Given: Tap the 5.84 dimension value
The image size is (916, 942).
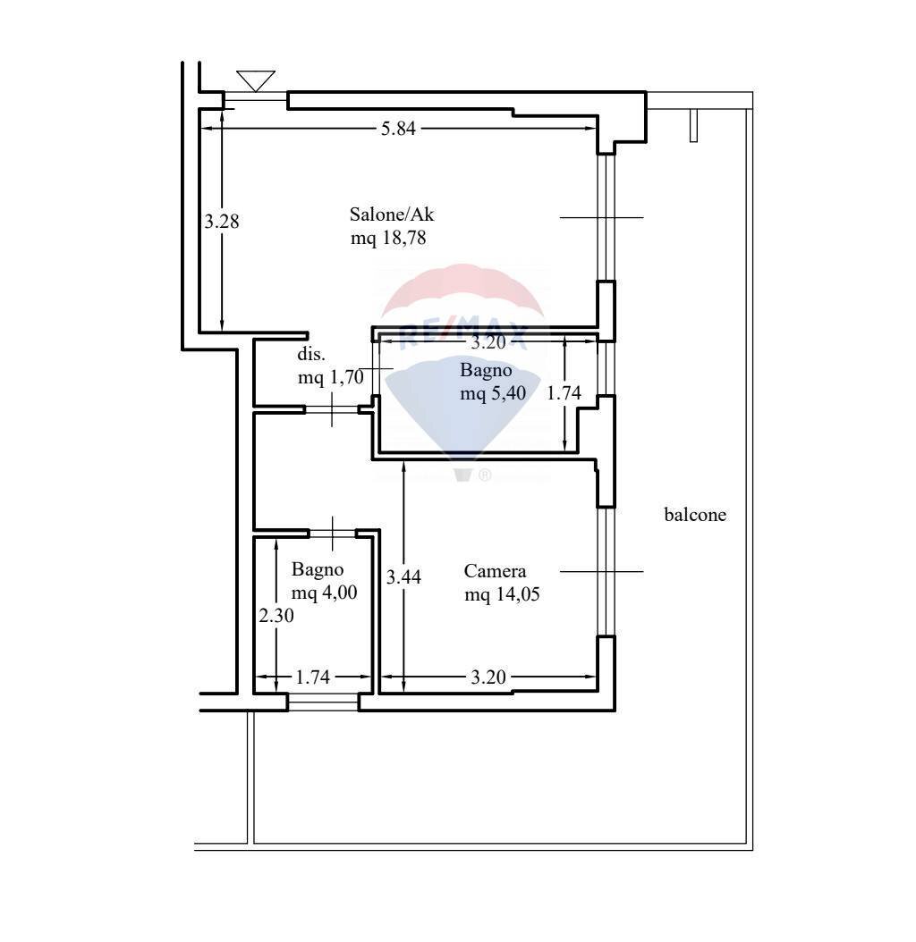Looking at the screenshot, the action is click(398, 129).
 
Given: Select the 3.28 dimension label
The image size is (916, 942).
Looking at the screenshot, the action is click(221, 222).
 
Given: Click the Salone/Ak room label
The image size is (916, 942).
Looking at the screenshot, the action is click(392, 214).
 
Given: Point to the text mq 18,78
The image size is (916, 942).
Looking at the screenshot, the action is click(388, 238).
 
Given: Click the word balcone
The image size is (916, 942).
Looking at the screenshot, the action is click(695, 514).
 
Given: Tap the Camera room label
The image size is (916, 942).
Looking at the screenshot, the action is click(495, 571).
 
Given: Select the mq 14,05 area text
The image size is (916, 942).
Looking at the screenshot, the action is click(502, 594).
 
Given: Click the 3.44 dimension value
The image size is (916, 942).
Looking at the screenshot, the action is click(403, 577).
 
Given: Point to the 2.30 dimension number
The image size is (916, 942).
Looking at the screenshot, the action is click(276, 615).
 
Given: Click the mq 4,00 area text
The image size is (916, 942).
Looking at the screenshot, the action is click(324, 593).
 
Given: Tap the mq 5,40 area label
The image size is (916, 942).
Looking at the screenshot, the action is click(493, 393).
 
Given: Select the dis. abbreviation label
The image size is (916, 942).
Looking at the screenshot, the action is click(311, 354).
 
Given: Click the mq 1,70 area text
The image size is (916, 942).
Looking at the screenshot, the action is click(331, 377).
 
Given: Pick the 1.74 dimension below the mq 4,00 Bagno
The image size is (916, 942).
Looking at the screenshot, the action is click(313, 677).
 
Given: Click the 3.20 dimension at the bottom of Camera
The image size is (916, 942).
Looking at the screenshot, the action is click(488, 677).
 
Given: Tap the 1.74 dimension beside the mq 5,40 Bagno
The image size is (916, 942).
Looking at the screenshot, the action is click(564, 393).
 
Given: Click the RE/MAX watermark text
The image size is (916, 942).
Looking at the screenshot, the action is click(463, 335).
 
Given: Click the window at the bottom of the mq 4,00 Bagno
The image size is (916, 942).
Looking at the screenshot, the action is click(324, 702).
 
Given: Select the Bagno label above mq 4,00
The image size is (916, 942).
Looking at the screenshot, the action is click(318, 569).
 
